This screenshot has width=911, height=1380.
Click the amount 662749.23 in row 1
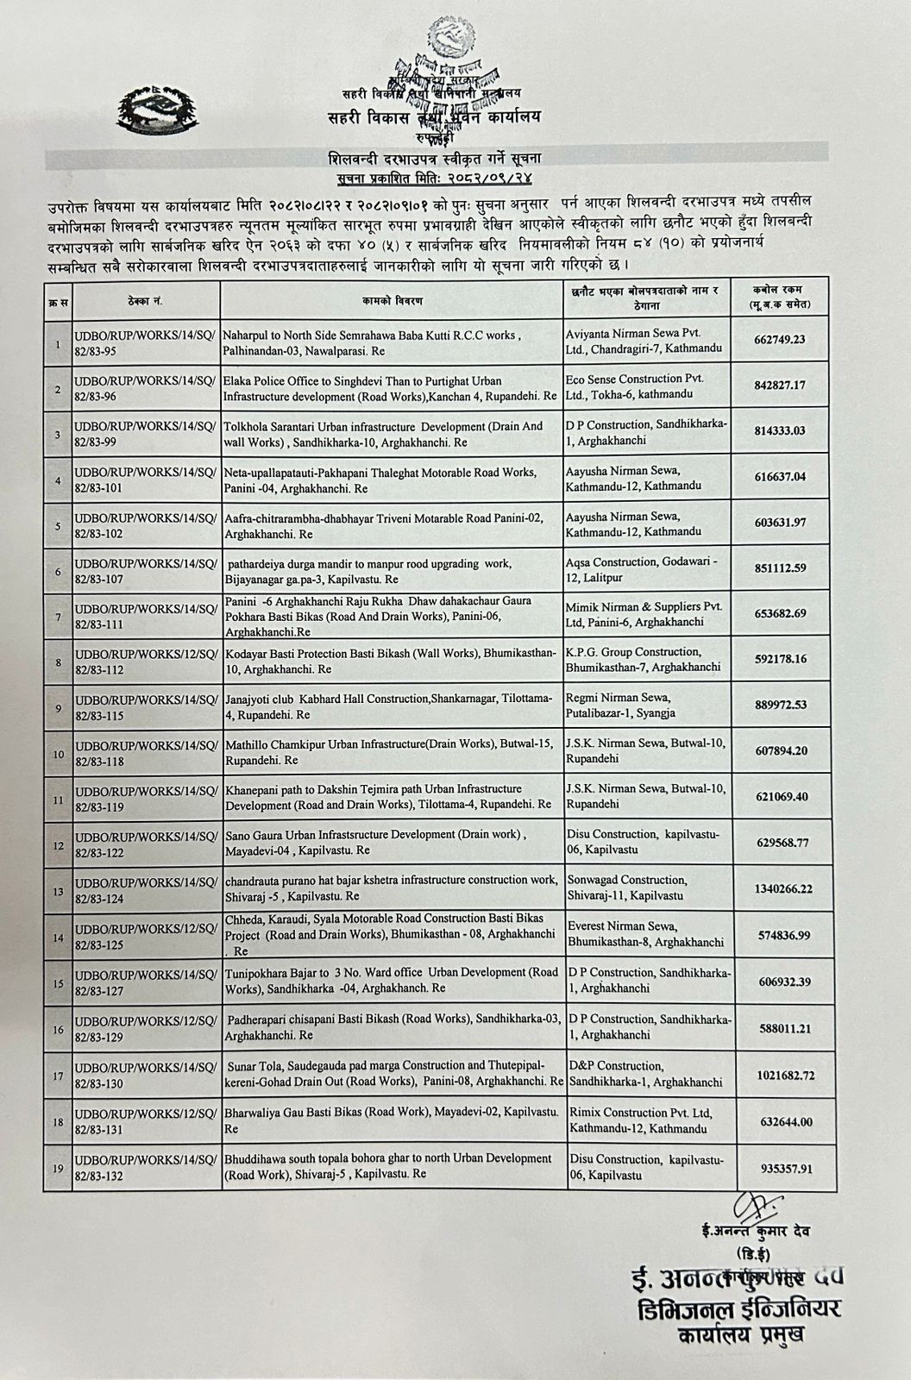[x=779, y=340]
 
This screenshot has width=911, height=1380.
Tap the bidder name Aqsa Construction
[x=647, y=571]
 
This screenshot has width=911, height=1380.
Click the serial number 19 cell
[x=58, y=1169]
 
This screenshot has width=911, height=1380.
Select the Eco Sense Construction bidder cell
[x=647, y=386]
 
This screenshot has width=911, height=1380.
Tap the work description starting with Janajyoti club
[x=390, y=706]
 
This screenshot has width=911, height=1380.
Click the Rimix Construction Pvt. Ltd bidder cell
[x=647, y=1120]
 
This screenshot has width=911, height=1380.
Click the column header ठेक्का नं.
[x=146, y=301]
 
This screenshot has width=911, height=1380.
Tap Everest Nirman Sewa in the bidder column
[x=647, y=934]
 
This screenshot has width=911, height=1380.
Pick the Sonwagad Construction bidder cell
[x=647, y=888]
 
